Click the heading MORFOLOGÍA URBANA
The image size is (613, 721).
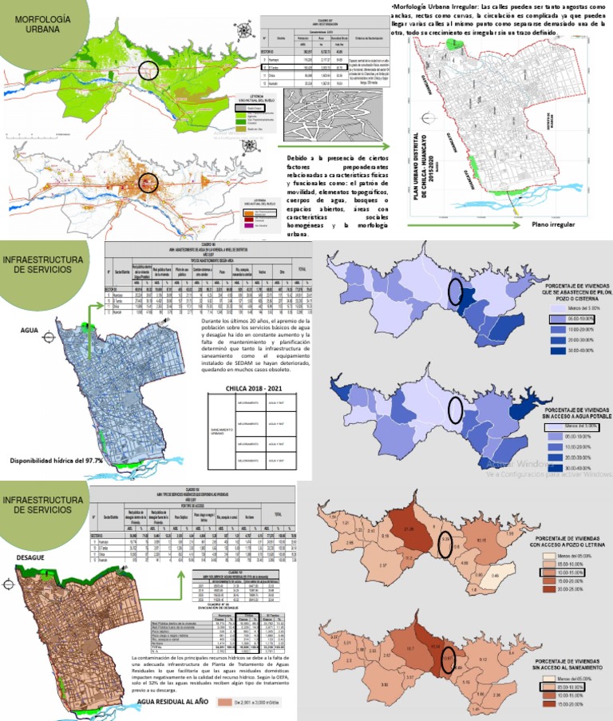pyautogui.click(x=38, y=24)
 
